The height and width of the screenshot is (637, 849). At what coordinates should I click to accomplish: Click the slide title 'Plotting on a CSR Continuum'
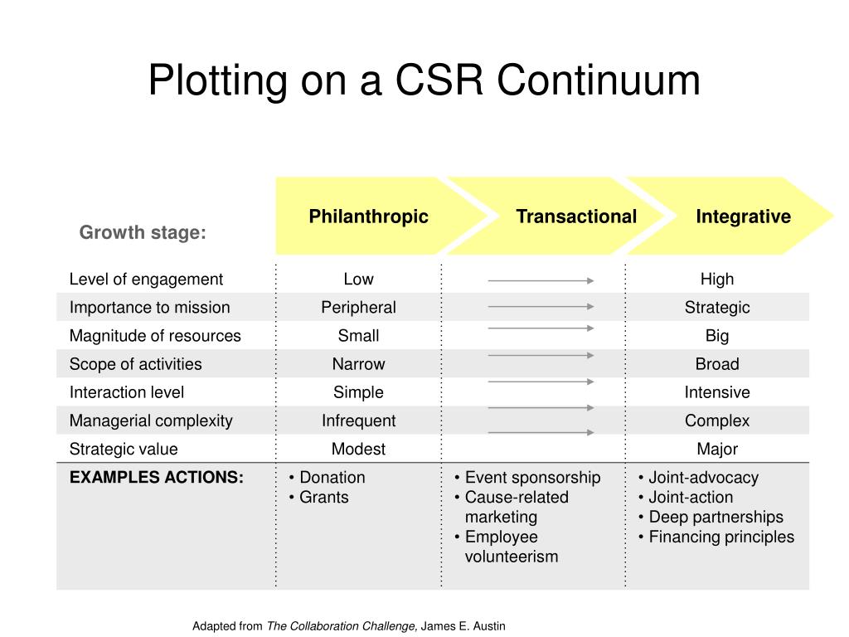coord(424,81)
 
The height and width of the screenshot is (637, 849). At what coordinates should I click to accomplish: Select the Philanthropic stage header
coord(368,216)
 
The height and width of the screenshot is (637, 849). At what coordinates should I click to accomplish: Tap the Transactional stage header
coord(575,216)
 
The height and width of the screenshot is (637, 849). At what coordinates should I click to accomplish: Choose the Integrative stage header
coord(743,216)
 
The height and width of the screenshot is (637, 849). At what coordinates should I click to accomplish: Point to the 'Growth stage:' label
coord(143,233)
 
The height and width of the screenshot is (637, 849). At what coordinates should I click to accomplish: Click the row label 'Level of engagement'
coord(146,280)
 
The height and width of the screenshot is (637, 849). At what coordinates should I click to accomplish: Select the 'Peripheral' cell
coord(358,308)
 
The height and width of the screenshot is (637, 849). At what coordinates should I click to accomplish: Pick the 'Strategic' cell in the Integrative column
coord(716,308)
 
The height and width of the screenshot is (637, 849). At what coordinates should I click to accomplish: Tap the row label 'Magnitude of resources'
coord(155,336)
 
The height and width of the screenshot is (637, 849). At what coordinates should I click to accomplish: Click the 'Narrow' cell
coord(358,364)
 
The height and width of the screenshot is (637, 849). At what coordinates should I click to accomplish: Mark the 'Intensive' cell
coord(716,392)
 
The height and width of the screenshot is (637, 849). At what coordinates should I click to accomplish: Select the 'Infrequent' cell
coord(358,421)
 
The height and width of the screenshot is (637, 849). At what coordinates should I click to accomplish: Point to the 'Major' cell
coord(716,449)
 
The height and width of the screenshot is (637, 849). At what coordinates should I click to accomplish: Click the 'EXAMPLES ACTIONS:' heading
coord(157,477)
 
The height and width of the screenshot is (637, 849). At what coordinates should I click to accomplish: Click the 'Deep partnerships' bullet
coord(715,517)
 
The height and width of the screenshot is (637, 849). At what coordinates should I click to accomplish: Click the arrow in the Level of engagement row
coord(541,281)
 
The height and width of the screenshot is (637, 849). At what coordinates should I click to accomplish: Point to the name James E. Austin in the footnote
coord(463,626)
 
